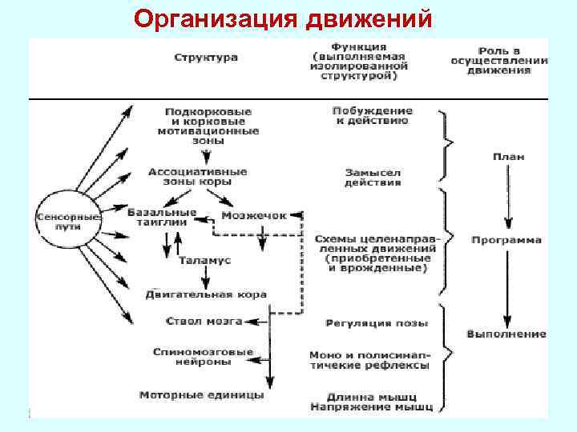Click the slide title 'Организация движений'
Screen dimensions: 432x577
(x=284, y=18)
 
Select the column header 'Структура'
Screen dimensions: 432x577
(x=205, y=58)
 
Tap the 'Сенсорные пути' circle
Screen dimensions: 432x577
(x=67, y=221)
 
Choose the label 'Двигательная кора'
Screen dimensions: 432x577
(x=205, y=294)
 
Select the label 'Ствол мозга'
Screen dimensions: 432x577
(x=203, y=322)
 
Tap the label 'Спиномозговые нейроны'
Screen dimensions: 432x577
(x=203, y=357)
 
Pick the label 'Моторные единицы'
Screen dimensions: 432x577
(x=201, y=395)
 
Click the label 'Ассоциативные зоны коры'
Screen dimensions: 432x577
(x=197, y=177)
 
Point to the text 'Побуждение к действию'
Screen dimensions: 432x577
(x=372, y=115)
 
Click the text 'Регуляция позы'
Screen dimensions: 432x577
(x=377, y=323)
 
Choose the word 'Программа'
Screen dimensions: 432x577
(x=506, y=240)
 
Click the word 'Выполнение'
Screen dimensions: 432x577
(x=506, y=334)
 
